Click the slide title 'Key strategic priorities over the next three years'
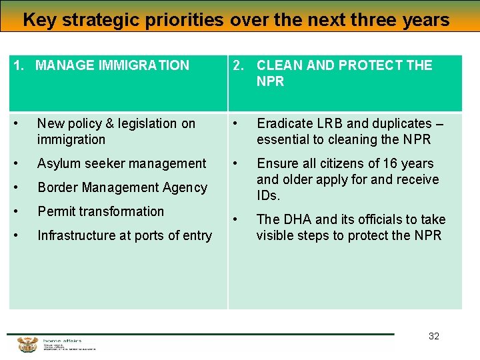[x=236, y=20]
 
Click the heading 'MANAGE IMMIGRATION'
[x=112, y=65]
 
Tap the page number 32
[x=434, y=336]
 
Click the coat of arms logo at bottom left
[x=27, y=345]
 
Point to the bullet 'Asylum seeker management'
[x=121, y=163]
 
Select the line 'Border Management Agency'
[x=122, y=187]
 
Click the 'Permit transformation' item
[x=100, y=211]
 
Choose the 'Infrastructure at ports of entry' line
[x=124, y=235]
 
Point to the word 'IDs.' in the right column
[x=269, y=195]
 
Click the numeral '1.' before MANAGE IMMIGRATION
[x=19, y=65]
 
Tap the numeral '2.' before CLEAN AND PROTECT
[x=237, y=65]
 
